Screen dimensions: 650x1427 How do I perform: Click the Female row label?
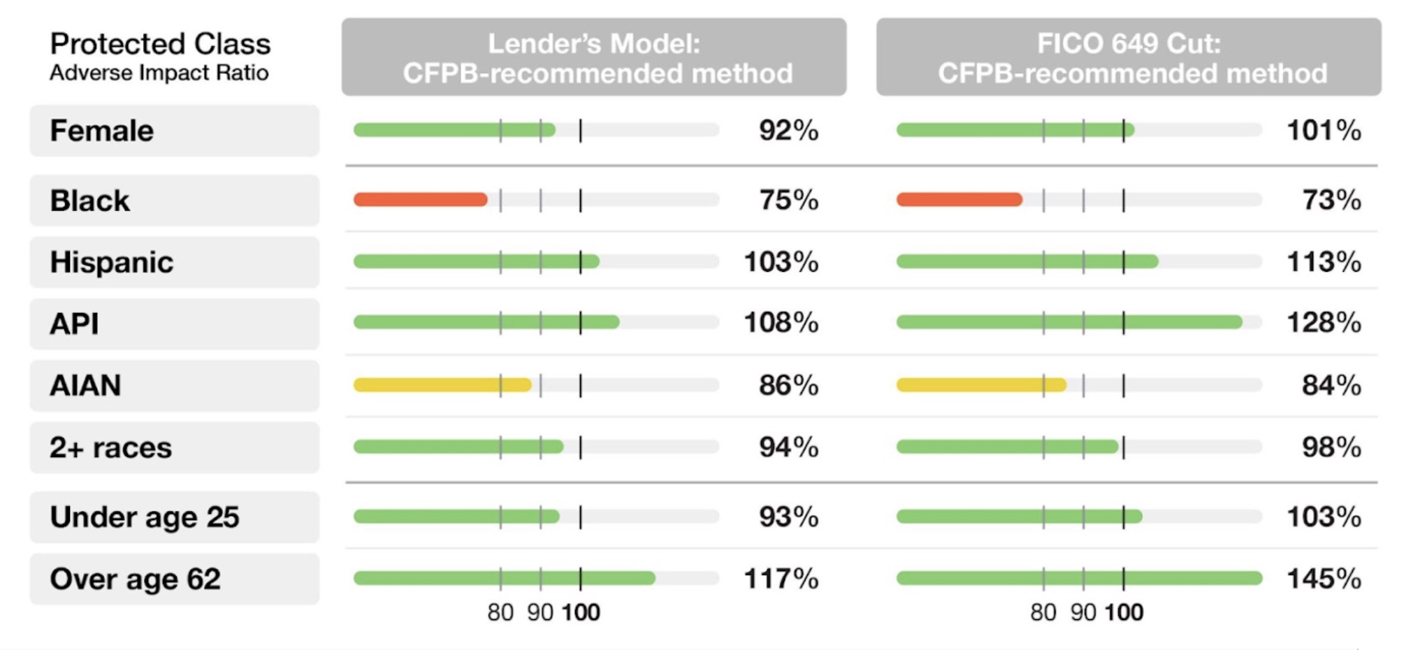click(x=102, y=131)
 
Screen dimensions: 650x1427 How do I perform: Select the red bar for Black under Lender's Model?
click(x=420, y=200)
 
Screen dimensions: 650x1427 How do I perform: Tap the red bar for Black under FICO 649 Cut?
click(x=959, y=200)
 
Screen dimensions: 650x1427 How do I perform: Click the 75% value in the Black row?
click(x=788, y=200)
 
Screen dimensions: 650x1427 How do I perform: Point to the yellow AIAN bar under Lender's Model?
click(x=442, y=384)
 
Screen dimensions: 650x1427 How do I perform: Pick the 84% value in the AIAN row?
click(x=1331, y=385)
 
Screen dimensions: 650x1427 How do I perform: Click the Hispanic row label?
click(x=112, y=262)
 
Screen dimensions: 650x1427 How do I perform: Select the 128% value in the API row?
click(x=1324, y=323)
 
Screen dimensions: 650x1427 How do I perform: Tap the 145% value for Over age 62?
click(x=1324, y=579)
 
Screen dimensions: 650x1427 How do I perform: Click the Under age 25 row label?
click(x=145, y=517)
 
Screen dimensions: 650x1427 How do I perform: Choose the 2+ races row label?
click(x=110, y=447)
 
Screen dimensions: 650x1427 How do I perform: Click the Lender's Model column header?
click(x=594, y=57)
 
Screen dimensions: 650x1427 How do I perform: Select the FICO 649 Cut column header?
click(x=1129, y=57)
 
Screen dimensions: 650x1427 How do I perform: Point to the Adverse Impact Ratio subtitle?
click(x=159, y=73)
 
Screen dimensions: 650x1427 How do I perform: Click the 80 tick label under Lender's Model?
click(x=500, y=613)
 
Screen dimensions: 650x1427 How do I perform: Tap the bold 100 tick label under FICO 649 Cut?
click(x=1124, y=613)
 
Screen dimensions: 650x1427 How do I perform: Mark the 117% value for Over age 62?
click(x=781, y=579)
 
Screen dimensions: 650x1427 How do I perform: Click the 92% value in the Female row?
click(x=788, y=131)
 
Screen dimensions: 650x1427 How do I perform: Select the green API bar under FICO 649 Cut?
click(x=1069, y=322)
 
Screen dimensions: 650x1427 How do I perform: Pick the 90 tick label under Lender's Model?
click(x=540, y=613)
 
